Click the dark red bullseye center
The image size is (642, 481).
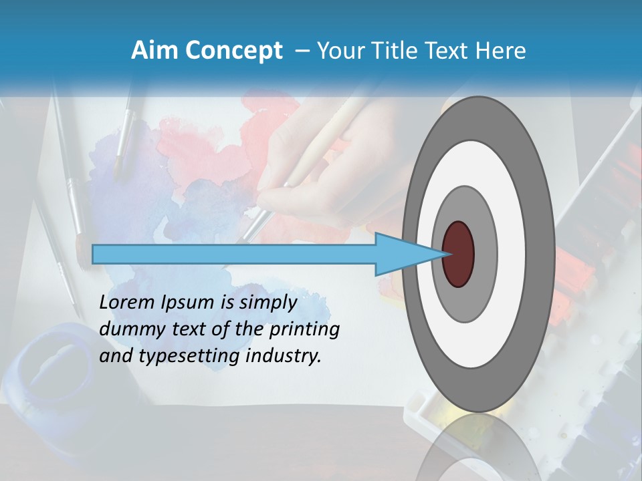458,254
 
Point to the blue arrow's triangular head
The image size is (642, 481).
408,254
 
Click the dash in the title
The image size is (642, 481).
302,51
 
